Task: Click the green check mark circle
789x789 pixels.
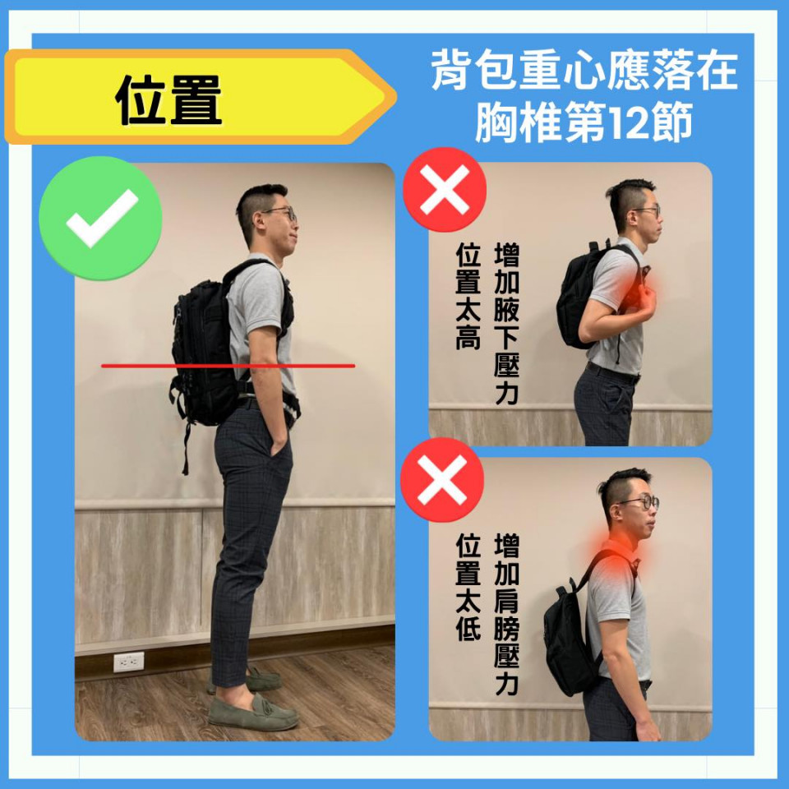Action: pyautogui.click(x=100, y=218)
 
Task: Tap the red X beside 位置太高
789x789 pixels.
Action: pyautogui.click(x=445, y=190)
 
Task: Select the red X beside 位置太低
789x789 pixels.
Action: pyautogui.click(x=442, y=479)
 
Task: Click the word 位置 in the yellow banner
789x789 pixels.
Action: pyautogui.click(x=168, y=99)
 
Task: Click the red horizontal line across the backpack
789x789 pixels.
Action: pyautogui.click(x=228, y=366)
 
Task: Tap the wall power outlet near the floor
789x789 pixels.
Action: pyautogui.click(x=129, y=662)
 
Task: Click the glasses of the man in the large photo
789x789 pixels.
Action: pyautogui.click(x=283, y=214)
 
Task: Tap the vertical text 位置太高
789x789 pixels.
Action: pyautogui.click(x=468, y=297)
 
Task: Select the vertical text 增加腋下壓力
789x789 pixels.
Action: pyautogui.click(x=507, y=324)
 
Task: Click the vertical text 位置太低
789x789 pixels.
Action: pyautogui.click(x=468, y=587)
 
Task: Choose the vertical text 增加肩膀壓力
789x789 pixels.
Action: pyautogui.click(x=507, y=615)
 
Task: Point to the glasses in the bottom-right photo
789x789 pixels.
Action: pyautogui.click(x=640, y=501)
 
